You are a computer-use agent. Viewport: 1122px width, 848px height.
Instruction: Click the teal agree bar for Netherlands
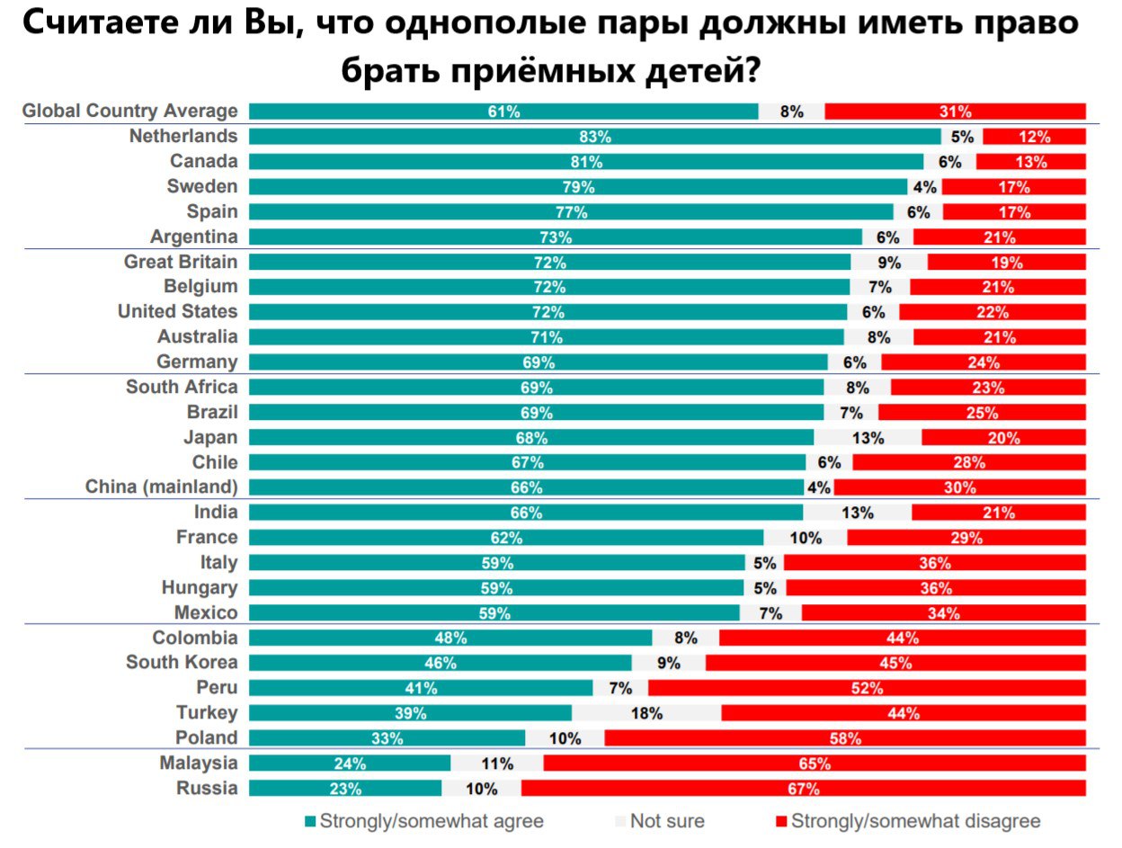tap(594, 137)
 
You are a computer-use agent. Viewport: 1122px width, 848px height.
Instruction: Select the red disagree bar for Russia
tap(803, 789)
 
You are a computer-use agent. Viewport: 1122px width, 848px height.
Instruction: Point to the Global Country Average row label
tap(129, 112)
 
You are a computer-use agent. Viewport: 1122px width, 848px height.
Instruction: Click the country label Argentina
tap(195, 237)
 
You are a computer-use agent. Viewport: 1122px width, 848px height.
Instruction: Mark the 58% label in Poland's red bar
tap(845, 738)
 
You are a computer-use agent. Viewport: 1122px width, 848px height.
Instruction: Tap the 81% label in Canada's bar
tap(586, 162)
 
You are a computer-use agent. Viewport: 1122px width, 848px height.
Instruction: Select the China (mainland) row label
tap(162, 487)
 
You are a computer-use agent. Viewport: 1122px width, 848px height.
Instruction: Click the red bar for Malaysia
tap(814, 763)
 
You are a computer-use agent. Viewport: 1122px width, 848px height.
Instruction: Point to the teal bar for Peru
tap(420, 688)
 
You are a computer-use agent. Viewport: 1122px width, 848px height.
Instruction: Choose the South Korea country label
tap(182, 663)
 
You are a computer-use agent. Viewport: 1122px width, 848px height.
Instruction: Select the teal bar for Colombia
tap(450, 638)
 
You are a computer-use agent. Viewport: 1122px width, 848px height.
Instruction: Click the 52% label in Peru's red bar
tap(867, 688)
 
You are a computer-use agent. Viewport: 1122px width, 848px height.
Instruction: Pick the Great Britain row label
tap(182, 263)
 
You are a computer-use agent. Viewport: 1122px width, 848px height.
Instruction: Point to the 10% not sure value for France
tap(805, 538)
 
